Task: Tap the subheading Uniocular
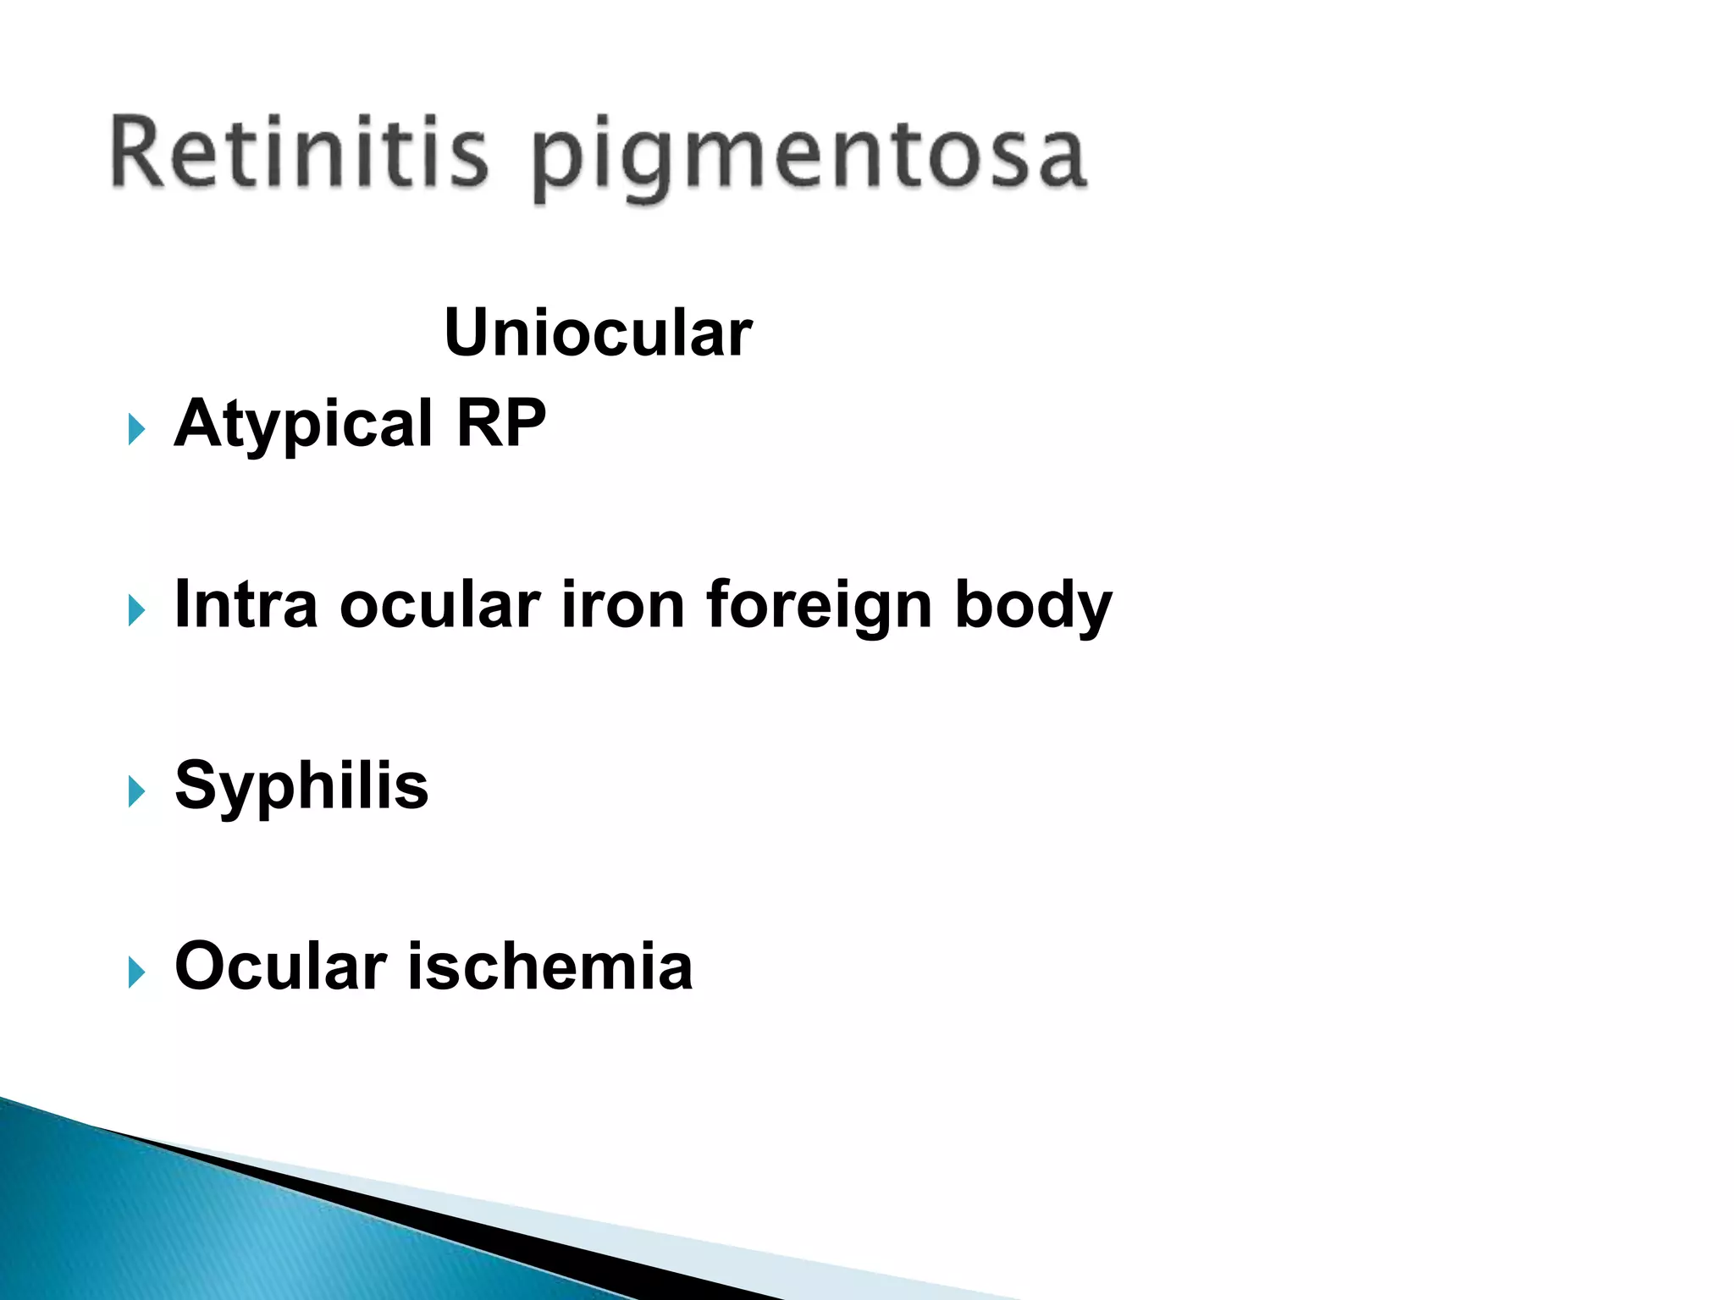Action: (598, 333)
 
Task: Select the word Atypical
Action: (304, 424)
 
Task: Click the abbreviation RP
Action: (501, 422)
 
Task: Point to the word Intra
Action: (246, 604)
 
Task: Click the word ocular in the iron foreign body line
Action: (439, 604)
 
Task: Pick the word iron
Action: (622, 604)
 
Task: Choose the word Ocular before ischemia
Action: (280, 966)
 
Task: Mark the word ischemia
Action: (550, 966)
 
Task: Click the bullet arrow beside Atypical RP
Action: (136, 429)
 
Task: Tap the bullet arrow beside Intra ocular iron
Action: (136, 610)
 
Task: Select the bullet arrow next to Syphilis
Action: (136, 791)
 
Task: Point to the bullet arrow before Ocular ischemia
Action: (136, 972)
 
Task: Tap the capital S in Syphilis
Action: (196, 785)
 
